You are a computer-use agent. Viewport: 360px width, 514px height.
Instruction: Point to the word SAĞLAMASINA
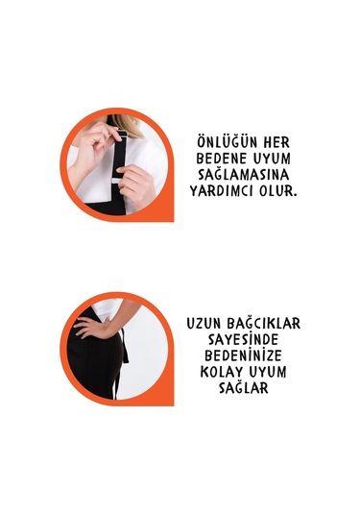pos(249,175)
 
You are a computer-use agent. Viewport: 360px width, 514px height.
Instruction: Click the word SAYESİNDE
pos(243,340)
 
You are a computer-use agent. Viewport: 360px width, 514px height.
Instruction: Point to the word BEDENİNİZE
pos(244,356)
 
